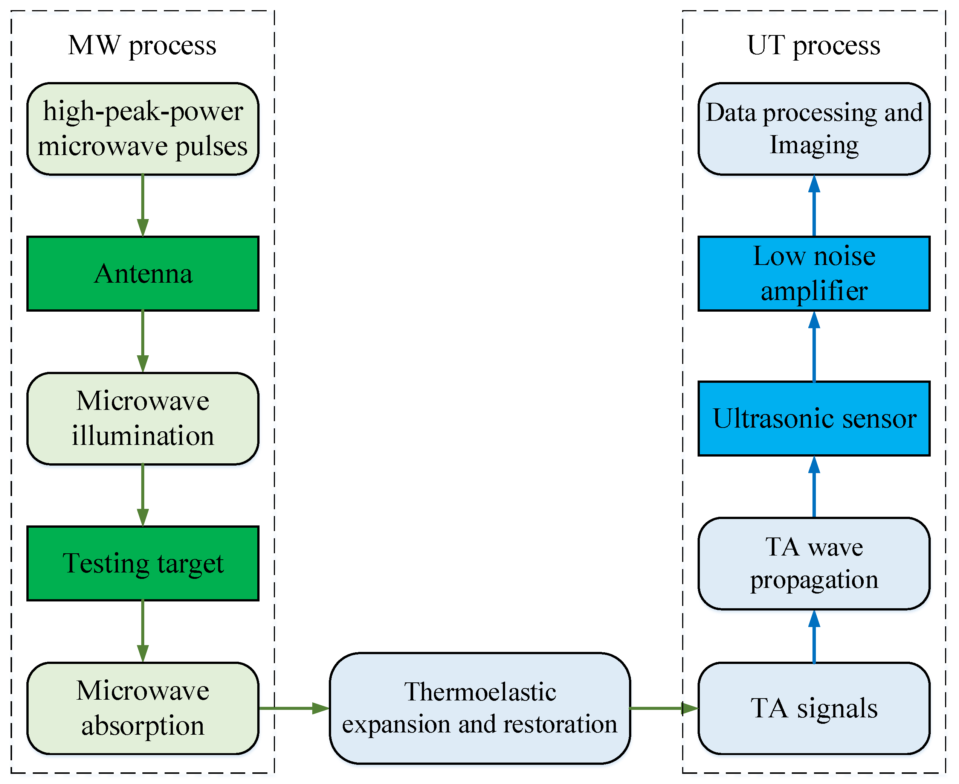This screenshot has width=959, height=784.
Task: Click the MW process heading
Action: click(142, 46)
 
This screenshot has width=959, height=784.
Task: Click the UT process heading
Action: click(814, 46)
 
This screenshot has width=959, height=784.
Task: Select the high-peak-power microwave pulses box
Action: click(142, 129)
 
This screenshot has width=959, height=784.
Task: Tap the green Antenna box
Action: click(142, 274)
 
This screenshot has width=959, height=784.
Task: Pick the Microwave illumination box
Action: click(142, 418)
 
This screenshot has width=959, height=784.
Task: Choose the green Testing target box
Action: click(142, 563)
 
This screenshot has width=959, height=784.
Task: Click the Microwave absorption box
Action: click(142, 708)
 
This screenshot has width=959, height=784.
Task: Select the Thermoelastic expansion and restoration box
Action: click(480, 708)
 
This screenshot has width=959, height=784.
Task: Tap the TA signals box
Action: click(814, 708)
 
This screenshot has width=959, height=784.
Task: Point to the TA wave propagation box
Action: click(814, 563)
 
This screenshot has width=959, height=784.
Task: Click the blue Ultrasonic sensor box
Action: click(814, 418)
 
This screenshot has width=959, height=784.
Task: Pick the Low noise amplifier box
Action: click(814, 274)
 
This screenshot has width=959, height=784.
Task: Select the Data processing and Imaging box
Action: click(814, 129)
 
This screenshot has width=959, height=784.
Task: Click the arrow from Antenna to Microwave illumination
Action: click(142, 341)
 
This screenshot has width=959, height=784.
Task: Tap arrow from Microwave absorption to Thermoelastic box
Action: click(294, 708)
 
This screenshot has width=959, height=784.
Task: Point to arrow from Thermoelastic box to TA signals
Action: click(663, 708)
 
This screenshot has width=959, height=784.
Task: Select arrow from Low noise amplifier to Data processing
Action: click(814, 206)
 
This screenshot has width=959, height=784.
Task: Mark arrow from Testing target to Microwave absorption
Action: click(142, 631)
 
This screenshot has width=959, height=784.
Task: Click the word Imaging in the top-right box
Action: click(814, 145)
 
